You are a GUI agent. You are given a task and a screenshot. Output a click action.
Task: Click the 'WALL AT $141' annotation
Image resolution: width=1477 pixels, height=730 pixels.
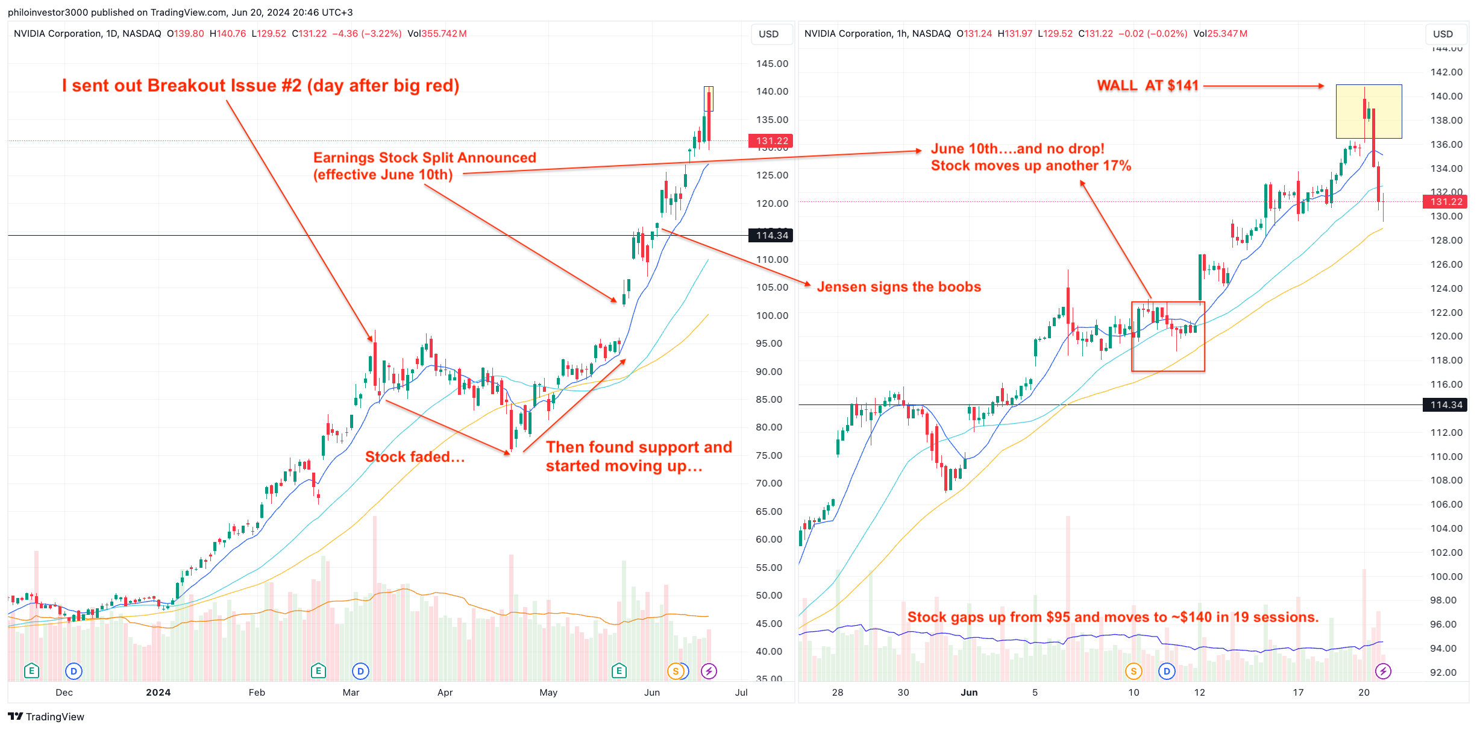pos(1147,86)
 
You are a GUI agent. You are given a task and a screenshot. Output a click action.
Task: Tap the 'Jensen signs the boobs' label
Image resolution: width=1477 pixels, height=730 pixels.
pos(898,287)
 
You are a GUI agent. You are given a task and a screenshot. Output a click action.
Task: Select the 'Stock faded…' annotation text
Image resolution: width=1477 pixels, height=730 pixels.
pos(415,457)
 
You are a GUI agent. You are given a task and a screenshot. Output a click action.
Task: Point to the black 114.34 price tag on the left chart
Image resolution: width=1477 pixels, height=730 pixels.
pos(771,236)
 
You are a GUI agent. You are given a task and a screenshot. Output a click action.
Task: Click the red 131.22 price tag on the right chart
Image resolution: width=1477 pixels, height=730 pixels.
pos(1446,202)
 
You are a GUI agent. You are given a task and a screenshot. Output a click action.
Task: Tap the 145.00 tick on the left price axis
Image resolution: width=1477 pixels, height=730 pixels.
pos(772,64)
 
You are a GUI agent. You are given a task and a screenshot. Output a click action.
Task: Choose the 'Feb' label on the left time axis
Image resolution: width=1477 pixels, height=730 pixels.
pos(257,693)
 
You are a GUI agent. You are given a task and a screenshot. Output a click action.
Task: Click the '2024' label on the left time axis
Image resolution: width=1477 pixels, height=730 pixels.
pos(158,693)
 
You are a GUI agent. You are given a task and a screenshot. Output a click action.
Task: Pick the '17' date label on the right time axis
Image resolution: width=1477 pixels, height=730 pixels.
pos(1298,693)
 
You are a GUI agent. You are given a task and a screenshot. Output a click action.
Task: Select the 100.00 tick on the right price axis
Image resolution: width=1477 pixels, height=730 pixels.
pos(1446,577)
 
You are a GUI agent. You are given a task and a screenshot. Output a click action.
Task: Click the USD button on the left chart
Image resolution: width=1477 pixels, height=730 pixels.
pos(768,34)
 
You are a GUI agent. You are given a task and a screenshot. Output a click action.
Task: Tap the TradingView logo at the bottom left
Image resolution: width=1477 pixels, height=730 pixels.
pos(46,717)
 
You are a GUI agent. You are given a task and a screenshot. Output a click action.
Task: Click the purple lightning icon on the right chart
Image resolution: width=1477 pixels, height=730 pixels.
pos(1383,671)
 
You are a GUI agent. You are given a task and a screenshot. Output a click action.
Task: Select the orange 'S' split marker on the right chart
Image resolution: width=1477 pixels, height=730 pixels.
pos(1134,671)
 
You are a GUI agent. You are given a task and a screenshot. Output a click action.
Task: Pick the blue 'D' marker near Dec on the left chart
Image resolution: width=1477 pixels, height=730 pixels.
pos(74,671)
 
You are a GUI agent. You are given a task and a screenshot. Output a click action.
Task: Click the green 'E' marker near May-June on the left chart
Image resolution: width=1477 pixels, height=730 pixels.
pos(619,671)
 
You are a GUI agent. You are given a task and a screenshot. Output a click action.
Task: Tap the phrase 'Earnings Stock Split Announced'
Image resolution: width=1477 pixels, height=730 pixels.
pos(424,158)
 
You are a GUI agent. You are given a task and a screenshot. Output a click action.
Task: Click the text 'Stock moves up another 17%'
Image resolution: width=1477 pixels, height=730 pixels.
pos(1030,166)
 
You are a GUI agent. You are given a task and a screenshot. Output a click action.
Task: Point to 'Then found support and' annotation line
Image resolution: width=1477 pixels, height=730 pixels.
pos(639,447)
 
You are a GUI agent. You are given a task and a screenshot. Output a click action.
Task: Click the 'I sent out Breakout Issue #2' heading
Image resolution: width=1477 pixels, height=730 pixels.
pos(260,86)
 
